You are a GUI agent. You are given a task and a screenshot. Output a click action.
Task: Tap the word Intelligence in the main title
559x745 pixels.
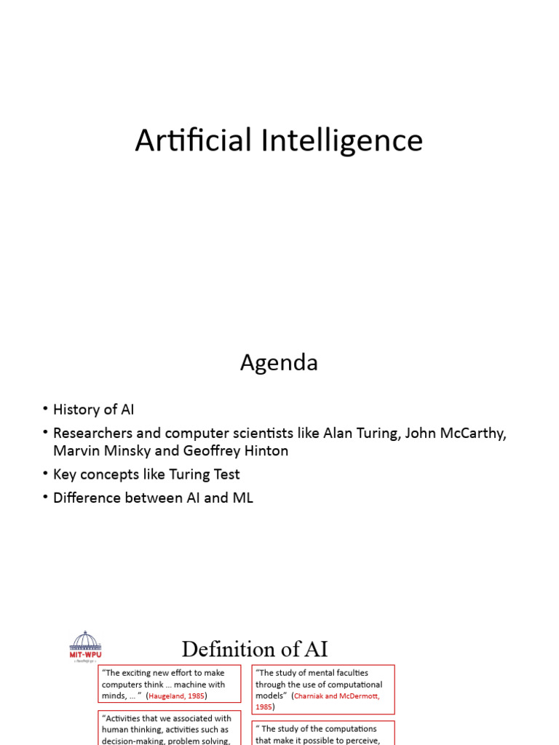tap(341, 141)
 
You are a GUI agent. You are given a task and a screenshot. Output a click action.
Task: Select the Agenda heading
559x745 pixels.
tap(279, 362)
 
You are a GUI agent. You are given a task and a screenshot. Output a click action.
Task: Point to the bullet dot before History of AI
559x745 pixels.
tap(45, 410)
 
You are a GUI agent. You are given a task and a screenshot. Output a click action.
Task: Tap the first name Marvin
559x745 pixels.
tap(76, 450)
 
